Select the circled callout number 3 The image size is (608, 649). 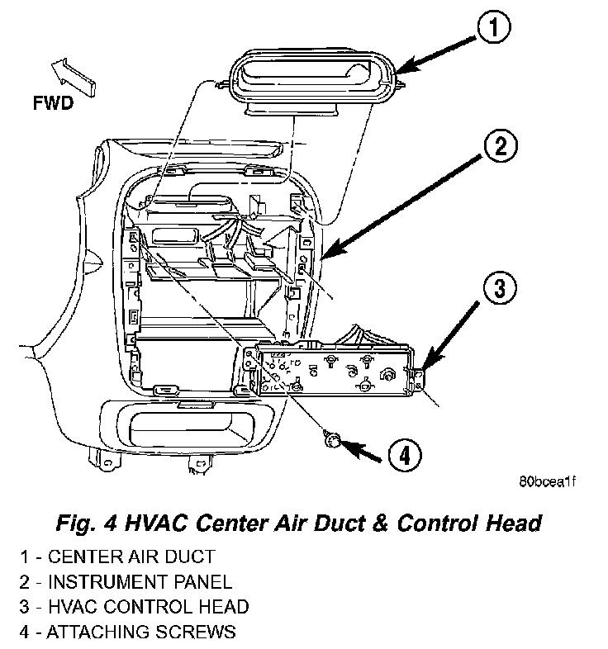pos(498,290)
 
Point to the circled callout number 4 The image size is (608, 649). pos(402,453)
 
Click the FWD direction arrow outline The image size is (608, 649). pos(73,76)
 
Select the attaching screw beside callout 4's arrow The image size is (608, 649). pos(332,440)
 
